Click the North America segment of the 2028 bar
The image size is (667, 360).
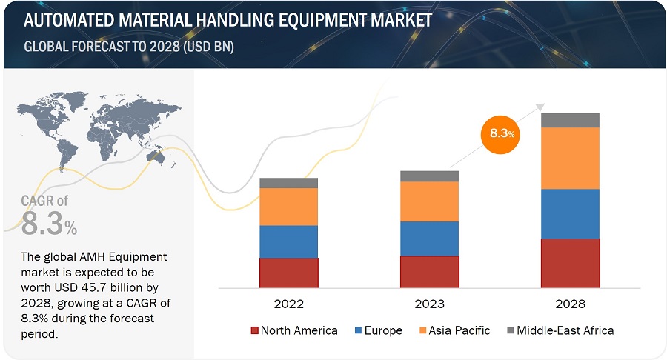click(x=570, y=263)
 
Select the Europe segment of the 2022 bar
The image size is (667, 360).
click(x=288, y=241)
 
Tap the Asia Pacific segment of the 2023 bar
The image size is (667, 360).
click(x=429, y=201)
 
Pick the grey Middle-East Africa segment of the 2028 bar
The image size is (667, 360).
click(x=570, y=120)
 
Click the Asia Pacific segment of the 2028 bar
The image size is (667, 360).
click(x=570, y=158)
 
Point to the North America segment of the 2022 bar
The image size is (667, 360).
click(x=288, y=273)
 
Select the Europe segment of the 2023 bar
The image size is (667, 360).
click(x=429, y=239)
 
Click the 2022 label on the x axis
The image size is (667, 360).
click(x=288, y=304)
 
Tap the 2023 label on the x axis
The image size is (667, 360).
click(x=429, y=304)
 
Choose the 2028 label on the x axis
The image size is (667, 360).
click(x=570, y=304)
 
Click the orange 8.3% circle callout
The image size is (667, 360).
click(x=501, y=133)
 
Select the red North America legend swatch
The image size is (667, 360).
click(x=255, y=330)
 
